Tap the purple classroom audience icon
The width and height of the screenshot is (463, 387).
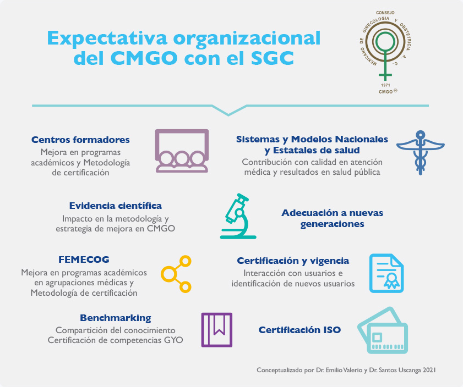182,151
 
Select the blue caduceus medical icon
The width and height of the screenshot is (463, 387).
420,152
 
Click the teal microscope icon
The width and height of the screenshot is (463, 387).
238,216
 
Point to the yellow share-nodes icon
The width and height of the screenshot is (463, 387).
176,274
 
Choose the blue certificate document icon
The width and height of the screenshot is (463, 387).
386,273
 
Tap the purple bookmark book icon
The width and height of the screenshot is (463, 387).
217,330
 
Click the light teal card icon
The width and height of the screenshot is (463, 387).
383,330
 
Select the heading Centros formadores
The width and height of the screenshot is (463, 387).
80,140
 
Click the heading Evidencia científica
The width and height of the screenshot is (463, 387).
116,206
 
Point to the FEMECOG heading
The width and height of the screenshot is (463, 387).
84,259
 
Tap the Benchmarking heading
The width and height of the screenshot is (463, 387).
116,318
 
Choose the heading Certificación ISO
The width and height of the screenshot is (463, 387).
299,330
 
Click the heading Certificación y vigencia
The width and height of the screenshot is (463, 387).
293,261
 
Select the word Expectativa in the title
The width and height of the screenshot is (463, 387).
107,38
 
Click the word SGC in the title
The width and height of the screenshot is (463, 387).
273,58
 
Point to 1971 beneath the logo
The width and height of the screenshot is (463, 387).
385,85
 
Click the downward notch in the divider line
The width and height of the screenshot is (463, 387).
228,114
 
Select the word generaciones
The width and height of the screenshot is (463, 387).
332,224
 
